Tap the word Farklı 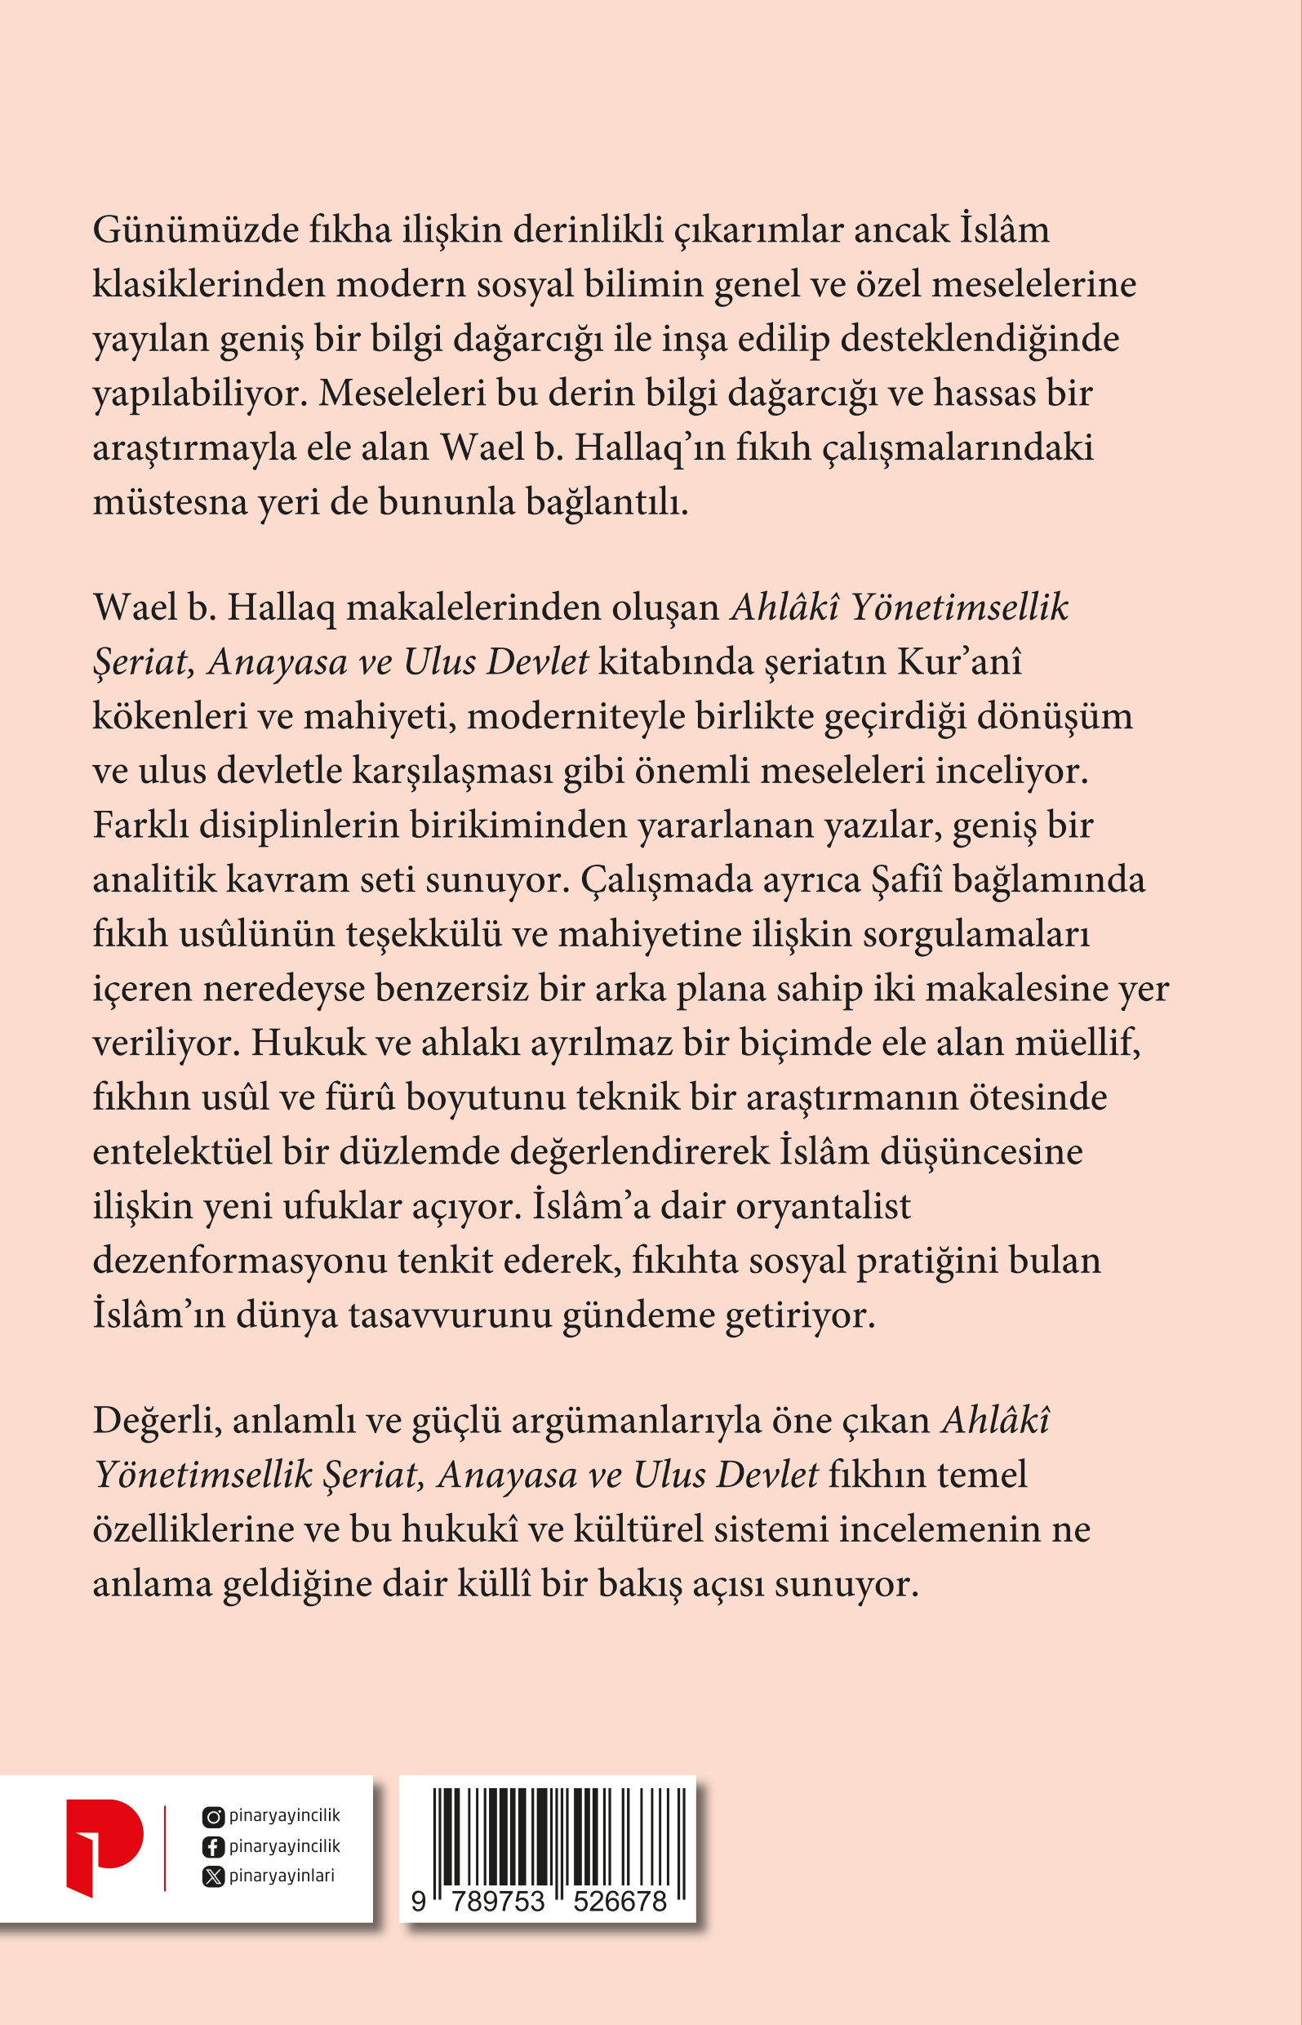coord(140,826)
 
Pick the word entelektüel coord(182,1151)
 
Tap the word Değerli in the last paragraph coord(157,1421)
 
